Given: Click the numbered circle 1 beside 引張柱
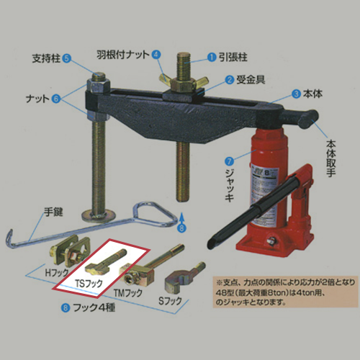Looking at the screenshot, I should (x=212, y=55).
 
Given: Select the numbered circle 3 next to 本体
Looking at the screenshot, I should (x=295, y=93).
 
